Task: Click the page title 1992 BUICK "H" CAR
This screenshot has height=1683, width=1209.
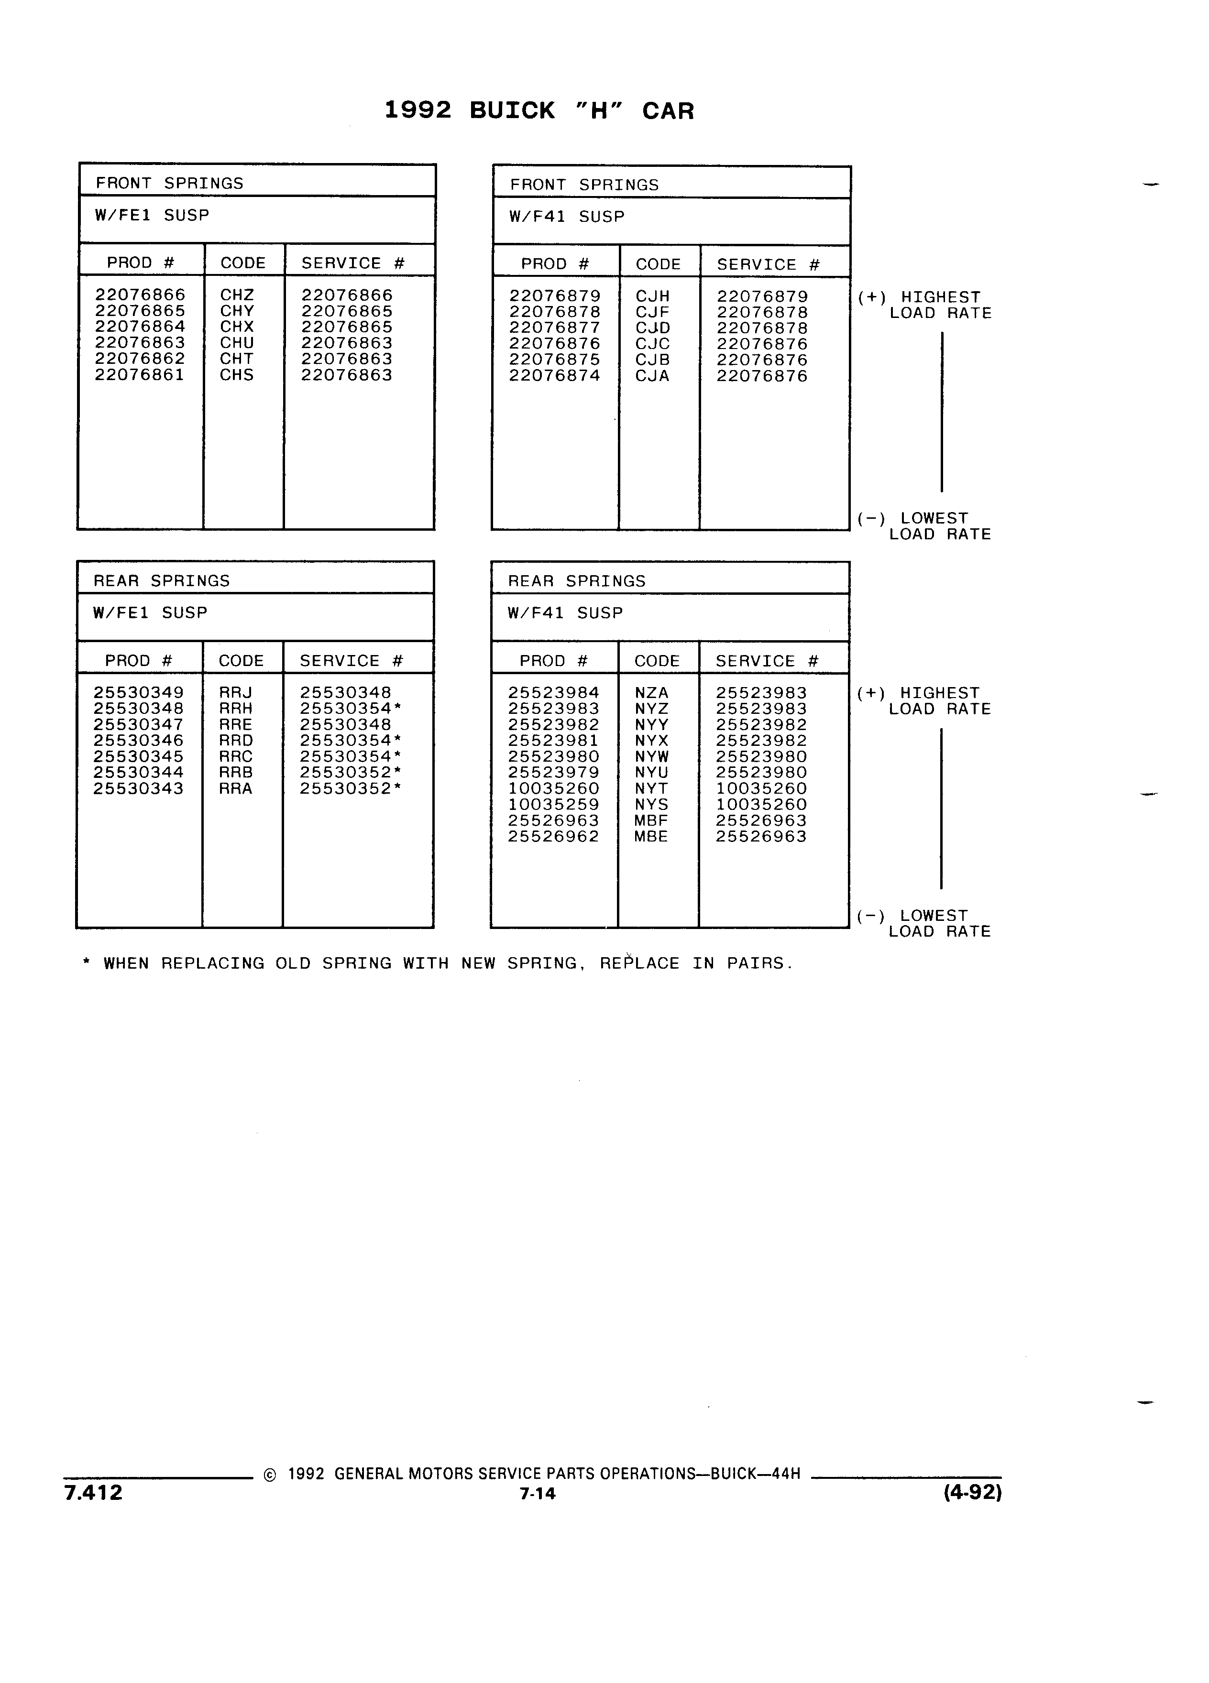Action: click(539, 110)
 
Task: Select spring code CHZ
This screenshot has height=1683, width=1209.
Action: click(237, 295)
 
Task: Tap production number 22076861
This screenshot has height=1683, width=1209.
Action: click(140, 375)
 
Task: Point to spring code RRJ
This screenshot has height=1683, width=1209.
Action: click(235, 692)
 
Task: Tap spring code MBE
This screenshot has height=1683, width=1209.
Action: click(651, 836)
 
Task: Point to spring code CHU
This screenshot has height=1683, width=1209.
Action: click(237, 343)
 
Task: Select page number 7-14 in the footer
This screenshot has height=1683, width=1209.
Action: click(538, 1493)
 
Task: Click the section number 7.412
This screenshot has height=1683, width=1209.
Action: click(94, 1492)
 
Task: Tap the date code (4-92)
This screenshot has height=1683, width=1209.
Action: click(972, 1492)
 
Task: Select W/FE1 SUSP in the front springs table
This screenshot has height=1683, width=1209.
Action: click(152, 215)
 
